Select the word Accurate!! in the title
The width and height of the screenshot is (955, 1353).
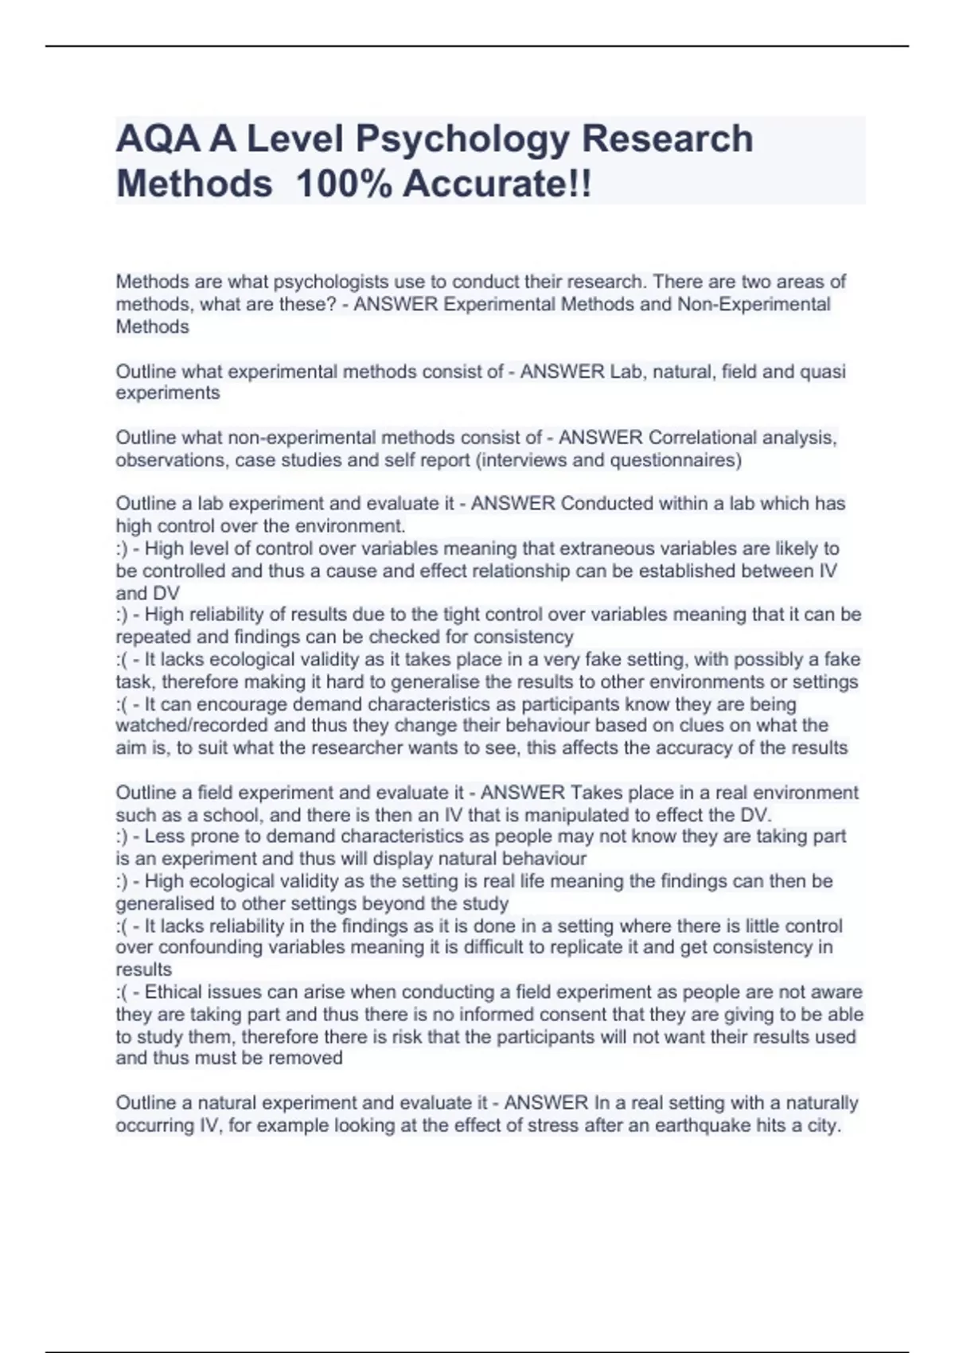coord(497,185)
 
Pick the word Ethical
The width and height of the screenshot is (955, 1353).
coord(177,992)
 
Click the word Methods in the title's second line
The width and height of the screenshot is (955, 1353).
coord(194,185)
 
